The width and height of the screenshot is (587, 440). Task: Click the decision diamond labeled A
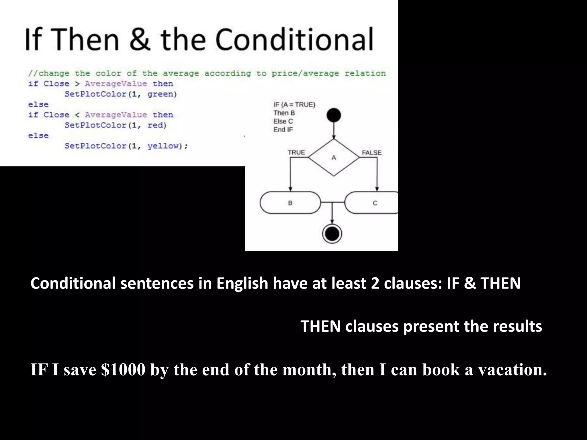pyautogui.click(x=334, y=157)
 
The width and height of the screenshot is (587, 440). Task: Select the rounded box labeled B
pyautogui.click(x=290, y=203)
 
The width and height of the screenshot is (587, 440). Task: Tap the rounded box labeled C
pyautogui.click(x=373, y=203)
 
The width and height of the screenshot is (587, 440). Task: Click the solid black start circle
pyautogui.click(x=334, y=115)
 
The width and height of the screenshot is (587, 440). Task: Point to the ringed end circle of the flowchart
pyautogui.click(x=332, y=234)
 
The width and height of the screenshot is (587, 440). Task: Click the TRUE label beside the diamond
pyautogui.click(x=296, y=152)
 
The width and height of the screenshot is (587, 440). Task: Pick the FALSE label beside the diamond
pyautogui.click(x=371, y=153)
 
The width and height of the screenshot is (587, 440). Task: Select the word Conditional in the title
pyautogui.click(x=294, y=39)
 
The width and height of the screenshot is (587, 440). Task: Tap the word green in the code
pyautogui.click(x=162, y=94)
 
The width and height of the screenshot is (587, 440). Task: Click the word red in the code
pyautogui.click(x=156, y=125)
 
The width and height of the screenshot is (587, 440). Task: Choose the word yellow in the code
pyautogui.click(x=163, y=146)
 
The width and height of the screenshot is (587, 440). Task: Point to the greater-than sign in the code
pyautogui.click(x=77, y=84)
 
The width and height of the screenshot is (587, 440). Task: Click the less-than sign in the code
pyautogui.click(x=77, y=115)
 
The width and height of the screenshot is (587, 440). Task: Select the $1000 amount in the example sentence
pyautogui.click(x=123, y=370)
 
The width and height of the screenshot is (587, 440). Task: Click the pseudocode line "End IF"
pyautogui.click(x=283, y=130)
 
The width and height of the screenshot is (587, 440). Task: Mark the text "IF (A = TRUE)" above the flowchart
pyautogui.click(x=294, y=105)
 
